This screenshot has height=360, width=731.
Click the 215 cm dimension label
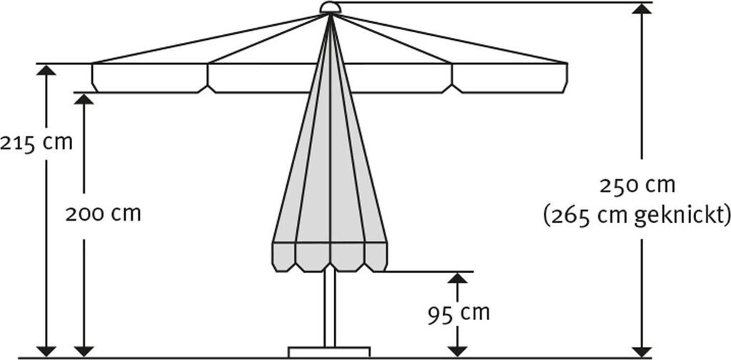coord(36,142)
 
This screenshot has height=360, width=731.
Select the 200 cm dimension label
coord(103,214)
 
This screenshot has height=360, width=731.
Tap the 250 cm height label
coord(637,186)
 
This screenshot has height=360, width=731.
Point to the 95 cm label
coord(460,312)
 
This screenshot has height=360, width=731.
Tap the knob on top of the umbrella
coord(330,8)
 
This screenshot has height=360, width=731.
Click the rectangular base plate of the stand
coord(329,351)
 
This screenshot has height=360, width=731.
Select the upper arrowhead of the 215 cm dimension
coord(46,70)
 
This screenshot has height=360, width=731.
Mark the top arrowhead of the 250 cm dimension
coord(642,9)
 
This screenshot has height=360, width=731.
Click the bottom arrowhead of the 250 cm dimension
coord(642,349)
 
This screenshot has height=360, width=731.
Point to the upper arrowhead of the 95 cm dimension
coord(457,279)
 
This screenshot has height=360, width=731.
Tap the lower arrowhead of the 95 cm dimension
coord(457,349)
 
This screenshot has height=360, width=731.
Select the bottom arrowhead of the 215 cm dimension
coord(46,349)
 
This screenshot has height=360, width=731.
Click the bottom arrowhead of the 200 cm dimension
coord(84,349)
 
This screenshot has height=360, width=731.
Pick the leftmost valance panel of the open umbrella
coord(150,78)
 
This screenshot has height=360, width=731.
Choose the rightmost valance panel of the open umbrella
coord(510,78)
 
